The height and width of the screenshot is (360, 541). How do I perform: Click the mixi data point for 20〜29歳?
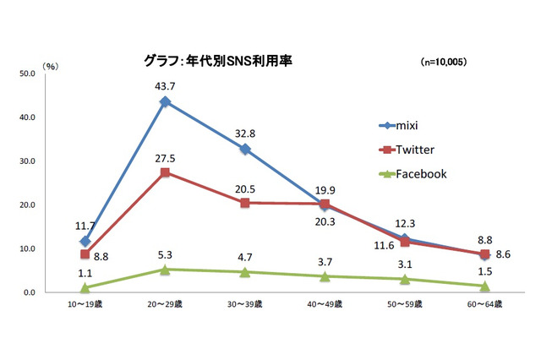tap(165, 101)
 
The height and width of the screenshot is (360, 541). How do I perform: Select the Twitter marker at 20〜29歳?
tap(165, 172)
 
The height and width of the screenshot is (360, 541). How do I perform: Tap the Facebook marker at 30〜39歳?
tap(245, 272)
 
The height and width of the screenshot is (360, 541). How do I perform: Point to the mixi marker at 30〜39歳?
tap(245, 150)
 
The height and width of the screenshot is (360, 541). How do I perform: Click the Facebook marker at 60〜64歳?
tap(484, 286)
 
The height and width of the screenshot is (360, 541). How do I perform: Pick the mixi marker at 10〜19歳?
tap(85, 242)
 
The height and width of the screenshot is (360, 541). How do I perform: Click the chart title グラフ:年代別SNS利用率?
tap(218, 62)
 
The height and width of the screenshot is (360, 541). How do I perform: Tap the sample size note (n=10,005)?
tap(444, 63)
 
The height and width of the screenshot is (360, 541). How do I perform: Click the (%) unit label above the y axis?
tap(52, 64)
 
